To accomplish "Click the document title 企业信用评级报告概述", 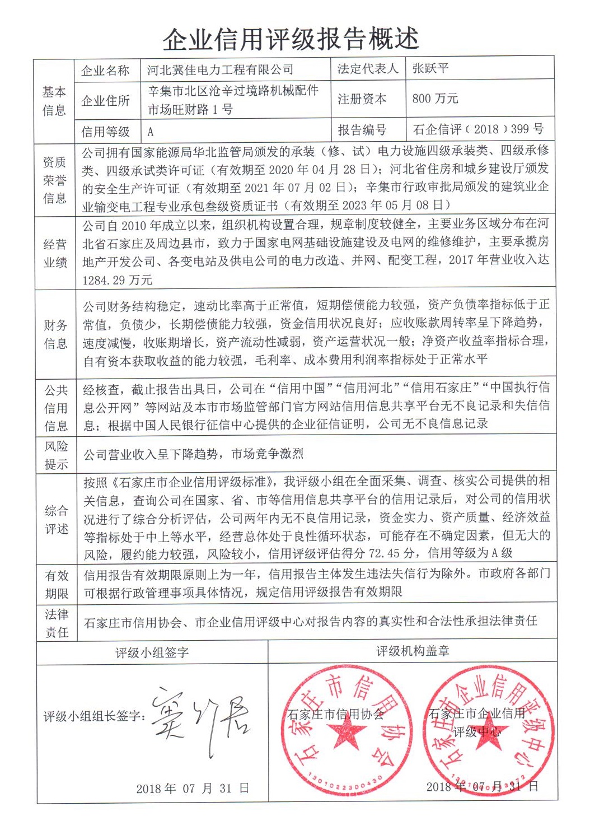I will [291, 38].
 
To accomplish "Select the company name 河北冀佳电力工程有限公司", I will [220, 70].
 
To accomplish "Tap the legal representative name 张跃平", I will [430, 68].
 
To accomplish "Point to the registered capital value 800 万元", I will [435, 99].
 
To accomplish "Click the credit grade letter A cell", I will [150, 132].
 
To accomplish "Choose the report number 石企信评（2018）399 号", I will [478, 129].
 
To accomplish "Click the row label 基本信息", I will [54, 101].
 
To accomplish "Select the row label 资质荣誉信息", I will [54, 180].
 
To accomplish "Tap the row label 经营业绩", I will [55, 253].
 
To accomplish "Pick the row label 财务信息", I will [55, 334].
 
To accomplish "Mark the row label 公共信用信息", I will [55, 408].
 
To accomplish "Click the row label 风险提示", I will [55, 455].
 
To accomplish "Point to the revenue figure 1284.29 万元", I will [117, 280].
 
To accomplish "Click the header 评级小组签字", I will [152, 652].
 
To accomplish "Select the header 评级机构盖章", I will [413, 651].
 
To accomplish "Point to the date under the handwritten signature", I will [193, 789].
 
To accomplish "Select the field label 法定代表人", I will [367, 69].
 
